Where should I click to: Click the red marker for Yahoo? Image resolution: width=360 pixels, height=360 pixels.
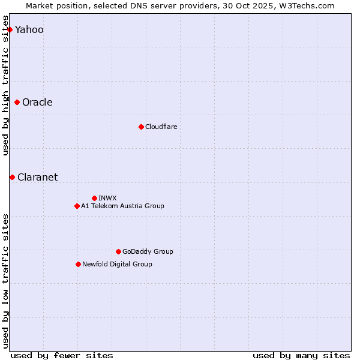pos(10,29)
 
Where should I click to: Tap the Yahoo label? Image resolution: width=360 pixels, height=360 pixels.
pos(29,30)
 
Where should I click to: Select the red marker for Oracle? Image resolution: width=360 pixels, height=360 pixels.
pos(17,102)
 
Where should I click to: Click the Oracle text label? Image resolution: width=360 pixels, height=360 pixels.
pos(37,102)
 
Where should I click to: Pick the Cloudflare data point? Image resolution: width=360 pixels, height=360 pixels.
pos(141,127)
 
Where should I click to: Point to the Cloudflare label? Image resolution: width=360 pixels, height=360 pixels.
pos(161,127)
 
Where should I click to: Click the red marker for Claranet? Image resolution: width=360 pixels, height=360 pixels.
pos(12,177)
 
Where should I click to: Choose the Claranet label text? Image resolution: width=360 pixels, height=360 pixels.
pos(37,177)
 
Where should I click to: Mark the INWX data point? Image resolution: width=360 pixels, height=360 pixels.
pos(94,198)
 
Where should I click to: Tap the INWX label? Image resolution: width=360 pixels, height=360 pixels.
pos(107,198)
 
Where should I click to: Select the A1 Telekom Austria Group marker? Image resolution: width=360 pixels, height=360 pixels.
pos(77,206)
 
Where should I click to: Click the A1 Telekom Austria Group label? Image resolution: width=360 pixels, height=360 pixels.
pos(122,206)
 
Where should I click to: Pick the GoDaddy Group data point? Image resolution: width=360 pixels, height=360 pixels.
pos(118,251)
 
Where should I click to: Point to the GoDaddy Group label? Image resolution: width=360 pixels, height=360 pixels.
pos(148,251)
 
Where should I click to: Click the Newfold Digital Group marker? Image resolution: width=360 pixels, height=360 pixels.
pos(78,264)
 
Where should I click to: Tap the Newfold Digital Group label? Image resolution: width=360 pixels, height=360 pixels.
pos(117,264)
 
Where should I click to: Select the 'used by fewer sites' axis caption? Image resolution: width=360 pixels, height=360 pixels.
pos(62,355)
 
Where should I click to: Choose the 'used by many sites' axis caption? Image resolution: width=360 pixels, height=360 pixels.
pos(301,355)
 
